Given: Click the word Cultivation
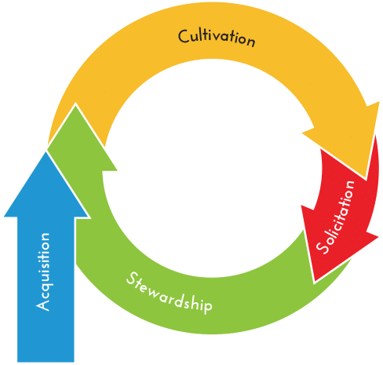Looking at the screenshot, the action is point(217,38).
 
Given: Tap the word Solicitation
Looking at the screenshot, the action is point(335,217).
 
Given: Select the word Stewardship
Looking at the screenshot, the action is point(170,293).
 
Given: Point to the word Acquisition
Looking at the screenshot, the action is point(42,272).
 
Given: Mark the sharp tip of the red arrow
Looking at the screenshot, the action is point(315,283).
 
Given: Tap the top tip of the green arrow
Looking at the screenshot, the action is point(75,104).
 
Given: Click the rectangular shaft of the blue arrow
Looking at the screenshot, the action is point(46,289).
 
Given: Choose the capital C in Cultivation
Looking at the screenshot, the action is point(183,36).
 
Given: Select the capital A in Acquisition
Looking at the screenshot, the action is point(42,305).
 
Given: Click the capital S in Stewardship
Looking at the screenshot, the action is point(132,279).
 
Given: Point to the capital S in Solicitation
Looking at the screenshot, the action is point(322,247).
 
